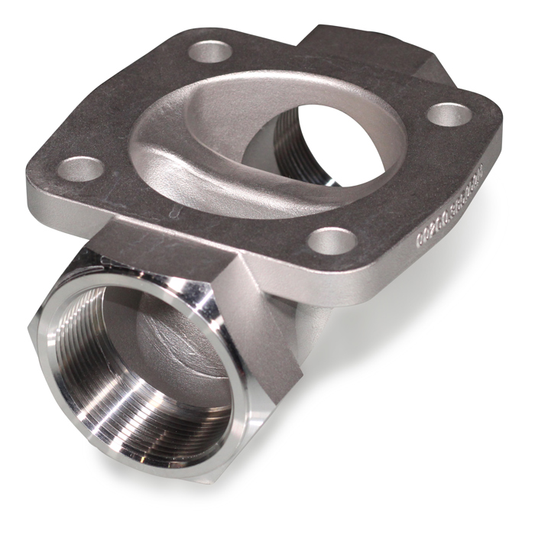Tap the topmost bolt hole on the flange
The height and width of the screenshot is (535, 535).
click(x=211, y=53)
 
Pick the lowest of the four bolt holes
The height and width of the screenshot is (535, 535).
click(x=329, y=241)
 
